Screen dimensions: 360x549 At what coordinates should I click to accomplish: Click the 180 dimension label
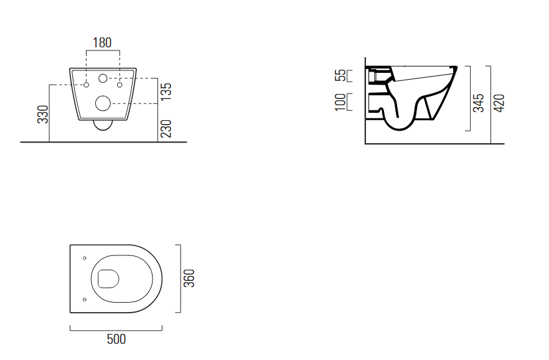[x=102, y=43]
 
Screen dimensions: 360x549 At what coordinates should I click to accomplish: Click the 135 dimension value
[x=166, y=91]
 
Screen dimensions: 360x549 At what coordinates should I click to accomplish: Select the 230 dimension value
[x=166, y=129]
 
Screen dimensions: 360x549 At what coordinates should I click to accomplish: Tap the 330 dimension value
[x=43, y=113]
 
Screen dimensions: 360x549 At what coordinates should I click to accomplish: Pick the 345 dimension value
[x=479, y=102]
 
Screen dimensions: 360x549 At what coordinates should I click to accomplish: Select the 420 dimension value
[x=499, y=102]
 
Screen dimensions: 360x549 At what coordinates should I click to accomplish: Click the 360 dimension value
[x=190, y=278]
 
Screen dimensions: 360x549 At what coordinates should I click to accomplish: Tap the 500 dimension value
[x=116, y=339]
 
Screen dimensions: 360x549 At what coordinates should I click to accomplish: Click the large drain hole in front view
[x=103, y=103]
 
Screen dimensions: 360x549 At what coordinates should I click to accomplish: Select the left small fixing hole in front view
[x=87, y=83]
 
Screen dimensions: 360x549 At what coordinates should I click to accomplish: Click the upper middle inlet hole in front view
[x=103, y=78]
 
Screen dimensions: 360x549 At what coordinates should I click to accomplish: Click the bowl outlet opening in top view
[x=109, y=278]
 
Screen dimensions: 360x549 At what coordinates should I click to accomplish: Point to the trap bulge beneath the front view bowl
[x=103, y=126]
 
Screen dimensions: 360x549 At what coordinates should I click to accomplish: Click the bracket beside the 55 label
[x=349, y=76]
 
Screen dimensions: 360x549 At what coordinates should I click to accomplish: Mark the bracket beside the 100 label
[x=349, y=102]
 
